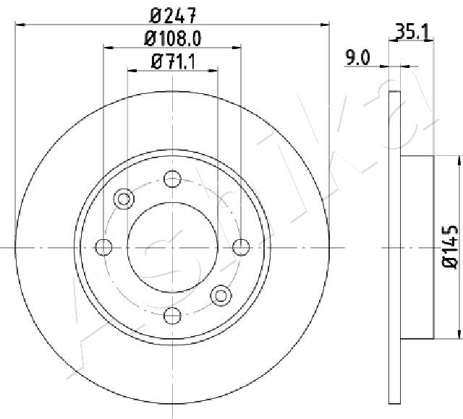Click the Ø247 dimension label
173,15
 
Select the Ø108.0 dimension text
173,38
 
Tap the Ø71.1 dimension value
173,62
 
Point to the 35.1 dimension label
412,32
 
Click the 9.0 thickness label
357,58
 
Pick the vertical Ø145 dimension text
450,247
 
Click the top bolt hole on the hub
172,179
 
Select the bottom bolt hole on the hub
172,315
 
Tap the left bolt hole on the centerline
104,247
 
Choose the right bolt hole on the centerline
241,247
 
